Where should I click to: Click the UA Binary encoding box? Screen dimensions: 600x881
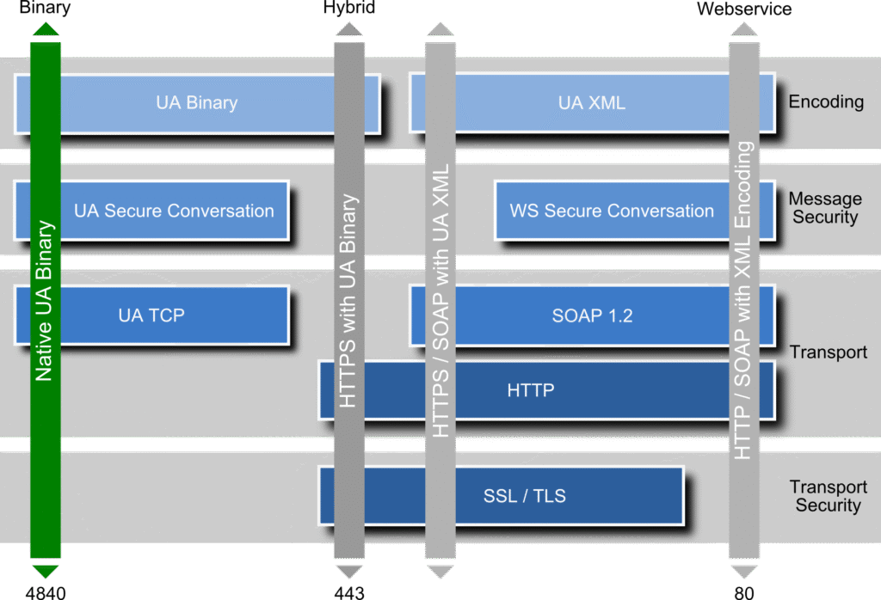(197, 103)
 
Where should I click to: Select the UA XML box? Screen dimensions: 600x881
(592, 103)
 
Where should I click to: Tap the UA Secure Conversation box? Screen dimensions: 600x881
(173, 211)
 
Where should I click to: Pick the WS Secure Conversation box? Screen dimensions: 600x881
(612, 211)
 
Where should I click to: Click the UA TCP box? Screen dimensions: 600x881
(151, 315)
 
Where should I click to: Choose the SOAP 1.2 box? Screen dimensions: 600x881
(592, 315)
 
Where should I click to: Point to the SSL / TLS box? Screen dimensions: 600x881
(524, 495)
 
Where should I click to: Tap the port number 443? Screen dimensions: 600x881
(348, 592)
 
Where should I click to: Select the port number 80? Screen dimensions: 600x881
(744, 592)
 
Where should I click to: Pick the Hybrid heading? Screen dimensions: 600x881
(348, 9)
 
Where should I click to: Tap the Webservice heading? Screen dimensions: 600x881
(744, 9)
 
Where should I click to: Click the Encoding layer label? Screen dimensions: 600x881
(826, 101)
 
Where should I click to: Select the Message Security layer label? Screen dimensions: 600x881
(825, 208)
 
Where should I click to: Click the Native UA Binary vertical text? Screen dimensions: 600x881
(46, 301)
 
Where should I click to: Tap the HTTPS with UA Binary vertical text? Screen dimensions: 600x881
(348, 301)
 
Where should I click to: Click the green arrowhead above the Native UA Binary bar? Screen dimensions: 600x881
(46, 30)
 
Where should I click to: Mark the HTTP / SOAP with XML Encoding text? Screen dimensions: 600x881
(744, 301)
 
